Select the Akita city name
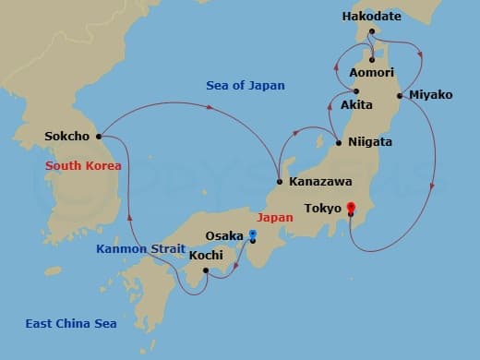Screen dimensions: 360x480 [356, 105]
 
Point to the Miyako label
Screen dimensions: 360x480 [429, 95]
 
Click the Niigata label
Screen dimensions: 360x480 [370, 142]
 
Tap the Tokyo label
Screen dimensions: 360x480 [323, 208]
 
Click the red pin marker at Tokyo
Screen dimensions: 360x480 [351, 210]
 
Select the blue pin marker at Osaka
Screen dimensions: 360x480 [252, 234]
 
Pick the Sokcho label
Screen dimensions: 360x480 [67, 137]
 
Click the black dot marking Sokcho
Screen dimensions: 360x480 [98, 137]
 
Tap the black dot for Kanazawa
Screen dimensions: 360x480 [280, 182]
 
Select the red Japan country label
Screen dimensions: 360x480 [276, 219]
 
